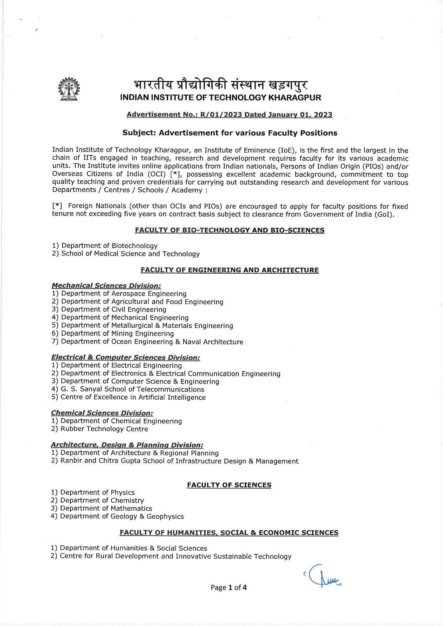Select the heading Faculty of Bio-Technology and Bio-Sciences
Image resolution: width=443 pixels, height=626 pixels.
(230, 230)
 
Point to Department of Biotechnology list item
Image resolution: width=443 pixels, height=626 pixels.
(105, 246)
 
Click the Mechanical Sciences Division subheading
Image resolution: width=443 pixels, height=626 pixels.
(106, 286)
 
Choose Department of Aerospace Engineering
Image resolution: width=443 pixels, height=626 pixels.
(119, 294)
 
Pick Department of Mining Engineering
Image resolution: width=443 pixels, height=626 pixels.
(113, 334)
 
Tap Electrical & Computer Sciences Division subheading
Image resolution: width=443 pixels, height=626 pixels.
(125, 357)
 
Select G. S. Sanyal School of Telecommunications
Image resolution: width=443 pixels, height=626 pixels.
(127, 389)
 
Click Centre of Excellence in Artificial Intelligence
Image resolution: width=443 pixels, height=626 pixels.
(129, 397)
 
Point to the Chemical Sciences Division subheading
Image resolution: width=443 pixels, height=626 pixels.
(102, 413)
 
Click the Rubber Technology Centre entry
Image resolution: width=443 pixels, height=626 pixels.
(100, 429)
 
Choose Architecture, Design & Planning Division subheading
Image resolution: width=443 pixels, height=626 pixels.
(127, 445)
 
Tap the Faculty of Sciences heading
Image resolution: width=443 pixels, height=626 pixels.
(229, 485)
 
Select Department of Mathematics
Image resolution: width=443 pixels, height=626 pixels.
(101, 508)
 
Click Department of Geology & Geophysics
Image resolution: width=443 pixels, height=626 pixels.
(117, 516)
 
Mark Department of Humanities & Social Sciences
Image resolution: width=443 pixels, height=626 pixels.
(129, 548)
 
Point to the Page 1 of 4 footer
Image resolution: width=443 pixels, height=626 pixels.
(228, 587)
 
